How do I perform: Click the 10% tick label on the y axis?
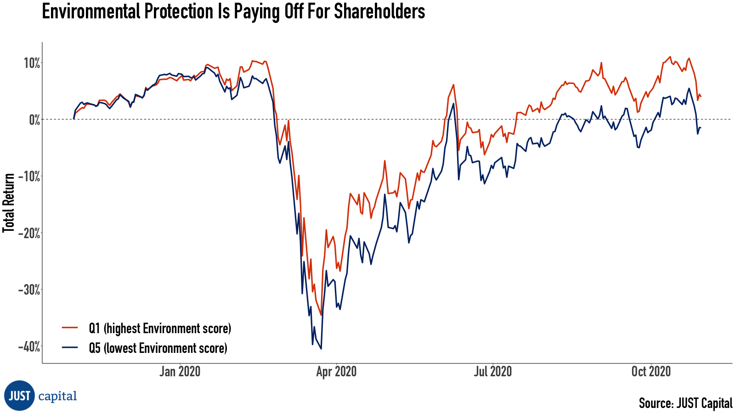coord(32,63)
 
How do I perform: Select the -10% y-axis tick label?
coord(29,177)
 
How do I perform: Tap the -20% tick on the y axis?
coord(29,233)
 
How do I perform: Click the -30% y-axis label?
coord(29,290)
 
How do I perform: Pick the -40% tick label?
coord(29,347)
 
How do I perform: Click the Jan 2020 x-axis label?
coord(180,371)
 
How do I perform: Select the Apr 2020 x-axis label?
coord(336,371)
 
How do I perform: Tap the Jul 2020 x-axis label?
coord(492,371)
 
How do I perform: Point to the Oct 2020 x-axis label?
coord(651,371)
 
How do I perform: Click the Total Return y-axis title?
coord(9,203)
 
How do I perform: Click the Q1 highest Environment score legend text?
coord(160,329)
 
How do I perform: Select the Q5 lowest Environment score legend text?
coord(158,348)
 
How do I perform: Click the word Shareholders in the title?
coord(379,11)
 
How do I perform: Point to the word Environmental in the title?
coord(91,11)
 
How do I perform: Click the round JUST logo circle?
coord(19,396)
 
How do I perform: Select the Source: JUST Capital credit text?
coord(685,403)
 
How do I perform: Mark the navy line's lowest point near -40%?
coord(321,349)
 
